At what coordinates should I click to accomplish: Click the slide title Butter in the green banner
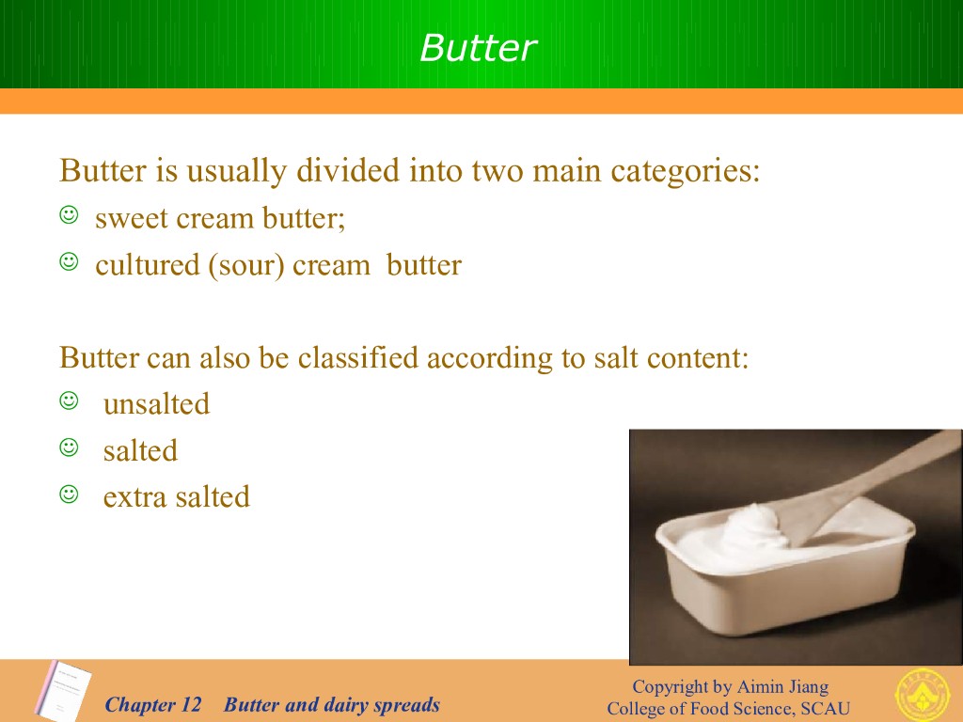479,48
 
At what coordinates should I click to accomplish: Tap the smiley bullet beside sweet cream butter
69,215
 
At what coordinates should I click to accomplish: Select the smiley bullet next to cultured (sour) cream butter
69,261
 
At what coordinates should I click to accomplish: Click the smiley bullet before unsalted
69,400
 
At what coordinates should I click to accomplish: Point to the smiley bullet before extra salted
69,494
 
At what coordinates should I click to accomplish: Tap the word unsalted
157,404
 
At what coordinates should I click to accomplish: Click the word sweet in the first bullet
130,218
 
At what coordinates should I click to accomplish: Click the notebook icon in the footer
63,691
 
